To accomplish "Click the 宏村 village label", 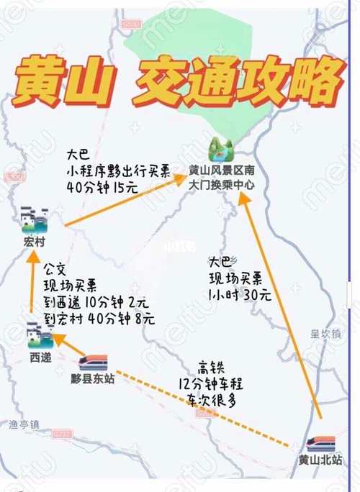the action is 34,242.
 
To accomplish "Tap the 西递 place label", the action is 40,357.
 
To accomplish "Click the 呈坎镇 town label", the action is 324,333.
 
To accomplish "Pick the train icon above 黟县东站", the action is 93,362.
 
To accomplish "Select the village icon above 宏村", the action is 34,220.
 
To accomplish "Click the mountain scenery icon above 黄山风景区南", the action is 220,150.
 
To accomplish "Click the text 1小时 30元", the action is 240,294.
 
